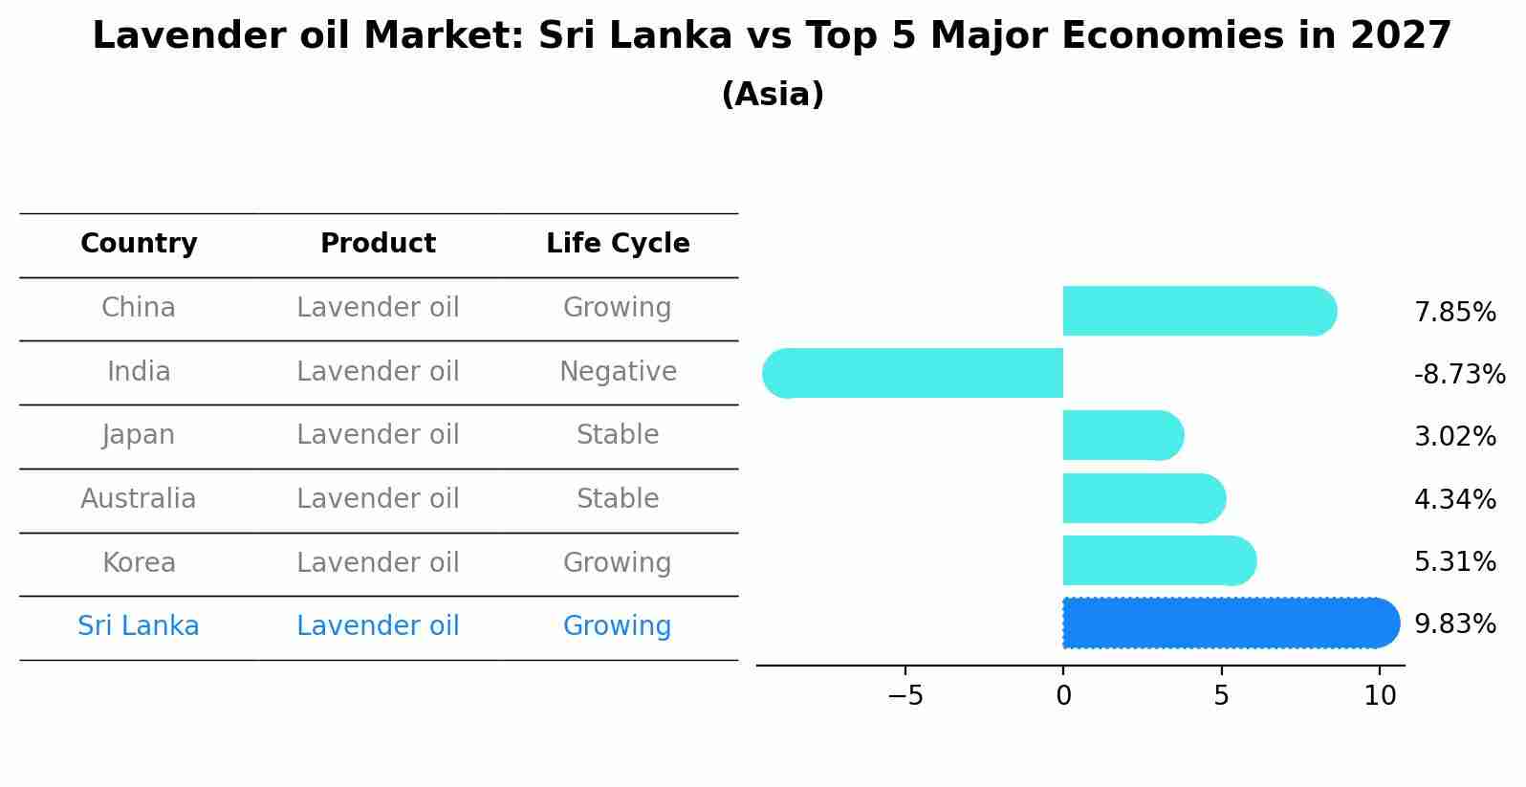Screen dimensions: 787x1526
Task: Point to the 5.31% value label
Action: click(1454, 562)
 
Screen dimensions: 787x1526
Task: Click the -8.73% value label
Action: click(1459, 375)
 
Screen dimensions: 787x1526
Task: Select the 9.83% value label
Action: click(1454, 624)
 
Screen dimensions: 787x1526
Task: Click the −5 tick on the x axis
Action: click(905, 696)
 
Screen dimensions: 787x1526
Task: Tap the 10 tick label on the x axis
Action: click(1380, 696)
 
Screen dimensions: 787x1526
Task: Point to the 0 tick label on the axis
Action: click(1063, 696)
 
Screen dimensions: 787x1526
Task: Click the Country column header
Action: click(139, 244)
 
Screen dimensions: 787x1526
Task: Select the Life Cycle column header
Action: click(618, 244)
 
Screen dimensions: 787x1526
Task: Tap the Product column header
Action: click(378, 244)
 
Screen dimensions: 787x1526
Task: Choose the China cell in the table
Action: click(139, 308)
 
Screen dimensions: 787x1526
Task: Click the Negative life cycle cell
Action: click(618, 372)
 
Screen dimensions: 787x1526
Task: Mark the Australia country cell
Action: click(139, 499)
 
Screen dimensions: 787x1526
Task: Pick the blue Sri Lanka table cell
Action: click(139, 626)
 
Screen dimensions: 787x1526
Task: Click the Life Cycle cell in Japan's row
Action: click(618, 435)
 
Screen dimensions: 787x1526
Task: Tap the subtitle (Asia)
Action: click(773, 95)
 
